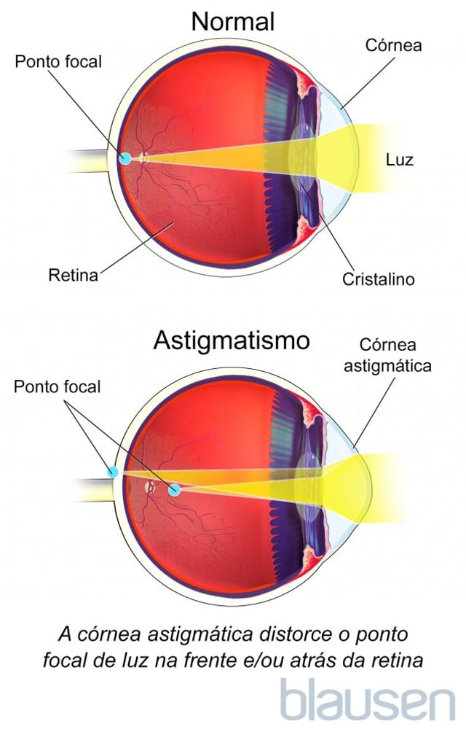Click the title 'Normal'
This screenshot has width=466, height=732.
(233, 22)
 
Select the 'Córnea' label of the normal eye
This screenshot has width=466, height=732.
(393, 45)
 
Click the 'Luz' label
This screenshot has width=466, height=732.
(399, 160)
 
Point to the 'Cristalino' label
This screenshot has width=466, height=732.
(379, 279)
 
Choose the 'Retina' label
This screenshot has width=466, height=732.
(73, 275)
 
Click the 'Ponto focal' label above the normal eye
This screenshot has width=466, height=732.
(58, 62)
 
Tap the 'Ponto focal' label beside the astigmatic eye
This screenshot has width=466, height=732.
(57, 386)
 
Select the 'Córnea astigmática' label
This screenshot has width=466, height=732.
(387, 355)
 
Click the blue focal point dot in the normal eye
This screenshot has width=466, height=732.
(125, 158)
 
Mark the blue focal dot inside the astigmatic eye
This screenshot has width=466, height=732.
(174, 490)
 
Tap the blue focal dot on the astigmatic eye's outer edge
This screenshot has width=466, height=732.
(112, 472)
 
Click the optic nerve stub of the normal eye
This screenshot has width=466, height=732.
(87, 161)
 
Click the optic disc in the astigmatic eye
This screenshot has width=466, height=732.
(150, 487)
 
